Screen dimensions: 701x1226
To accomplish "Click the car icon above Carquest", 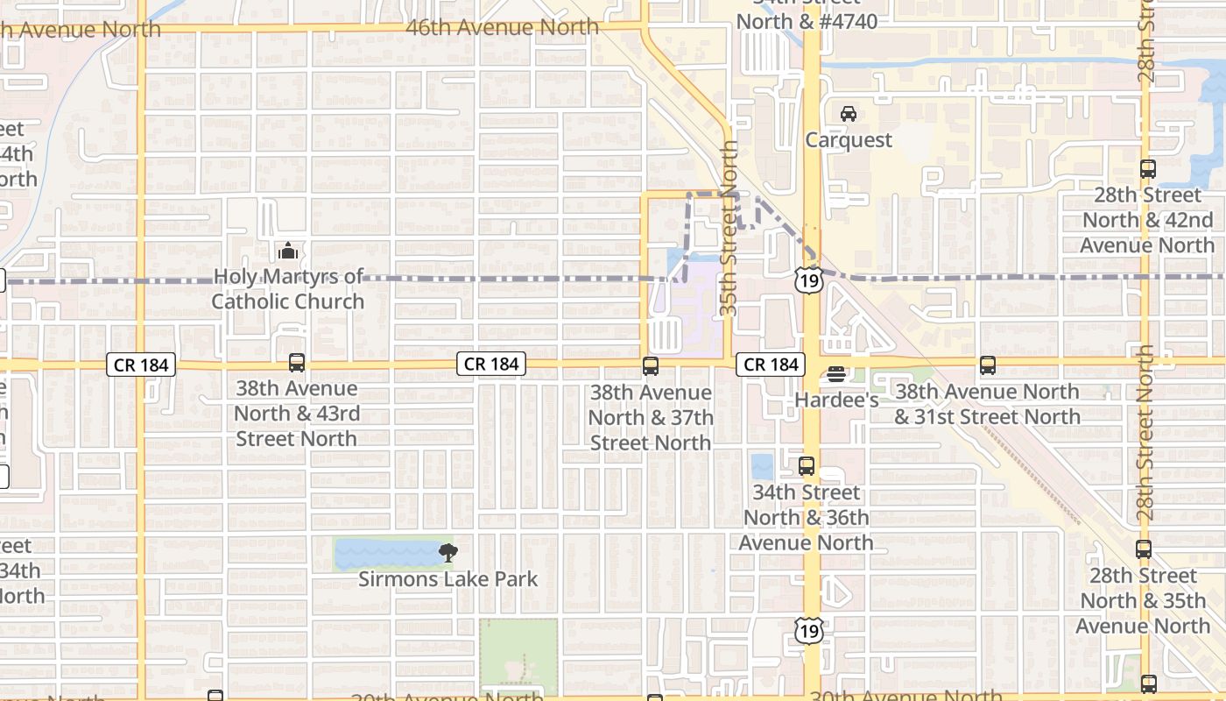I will tap(848, 114).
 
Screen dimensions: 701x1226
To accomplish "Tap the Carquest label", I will tap(849, 140).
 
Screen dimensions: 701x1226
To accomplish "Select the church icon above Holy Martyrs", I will tap(287, 251).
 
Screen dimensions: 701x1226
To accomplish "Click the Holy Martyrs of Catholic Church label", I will tap(287, 289).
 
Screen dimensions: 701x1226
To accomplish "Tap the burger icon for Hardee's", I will tap(836, 374).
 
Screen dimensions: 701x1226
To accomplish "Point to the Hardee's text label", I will tap(836, 400).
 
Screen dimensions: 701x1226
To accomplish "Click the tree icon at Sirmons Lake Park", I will tap(448, 553).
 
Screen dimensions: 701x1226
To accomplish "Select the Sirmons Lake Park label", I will tap(448, 579).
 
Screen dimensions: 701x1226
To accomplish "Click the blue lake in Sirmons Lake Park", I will tap(385, 554).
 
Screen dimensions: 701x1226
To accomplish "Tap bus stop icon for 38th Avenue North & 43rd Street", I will tap(297, 363).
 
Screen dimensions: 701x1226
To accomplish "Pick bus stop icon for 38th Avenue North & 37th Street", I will tap(650, 366).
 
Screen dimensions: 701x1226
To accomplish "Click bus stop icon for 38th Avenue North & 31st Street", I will tap(988, 365).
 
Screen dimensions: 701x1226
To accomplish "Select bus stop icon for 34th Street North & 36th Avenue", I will tap(807, 466).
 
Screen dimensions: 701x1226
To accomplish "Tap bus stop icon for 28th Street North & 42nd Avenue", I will tap(1147, 169).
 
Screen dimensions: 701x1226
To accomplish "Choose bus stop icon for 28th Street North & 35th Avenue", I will tap(1143, 549).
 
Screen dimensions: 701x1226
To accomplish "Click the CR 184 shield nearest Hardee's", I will tap(771, 365).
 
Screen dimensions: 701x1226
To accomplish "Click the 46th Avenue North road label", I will tap(503, 28).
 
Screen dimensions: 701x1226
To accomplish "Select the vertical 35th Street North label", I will tap(729, 228).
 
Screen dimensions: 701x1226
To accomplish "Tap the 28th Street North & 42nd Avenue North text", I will tap(1147, 220).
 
